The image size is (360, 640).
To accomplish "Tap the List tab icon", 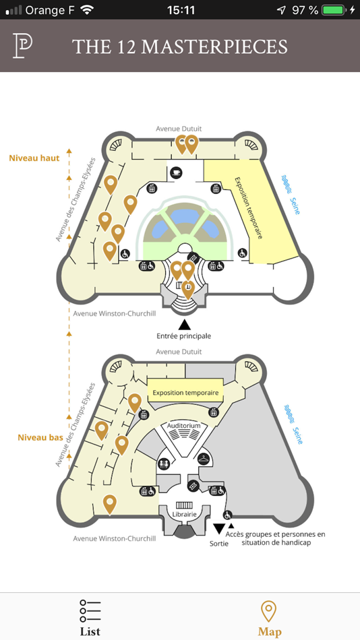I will tap(90, 610).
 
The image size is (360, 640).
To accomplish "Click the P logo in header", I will tap(23, 45).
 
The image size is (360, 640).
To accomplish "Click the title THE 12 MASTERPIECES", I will tap(179, 46).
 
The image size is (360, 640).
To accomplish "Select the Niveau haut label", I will tap(34, 158).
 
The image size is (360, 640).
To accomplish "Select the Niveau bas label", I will tap(40, 437).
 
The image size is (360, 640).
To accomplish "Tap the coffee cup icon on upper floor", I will tap(177, 172).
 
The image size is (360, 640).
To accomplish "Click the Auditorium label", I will tap(184, 426).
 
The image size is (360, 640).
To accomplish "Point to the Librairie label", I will tap(184, 514).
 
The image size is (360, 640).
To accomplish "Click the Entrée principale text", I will tap(183, 335).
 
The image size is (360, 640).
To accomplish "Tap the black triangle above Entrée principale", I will tap(183, 324).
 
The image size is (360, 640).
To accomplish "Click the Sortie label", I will tap(219, 542).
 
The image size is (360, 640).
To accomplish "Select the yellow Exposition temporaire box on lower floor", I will tap(185, 393).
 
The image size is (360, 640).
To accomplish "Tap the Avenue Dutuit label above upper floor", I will tap(179, 129).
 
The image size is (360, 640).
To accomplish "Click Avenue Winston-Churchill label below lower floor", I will tap(114, 538).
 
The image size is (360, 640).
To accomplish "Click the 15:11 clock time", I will tap(180, 10).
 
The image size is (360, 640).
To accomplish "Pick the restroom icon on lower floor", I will tap(164, 463).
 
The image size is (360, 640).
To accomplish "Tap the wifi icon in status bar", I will tap(86, 10).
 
